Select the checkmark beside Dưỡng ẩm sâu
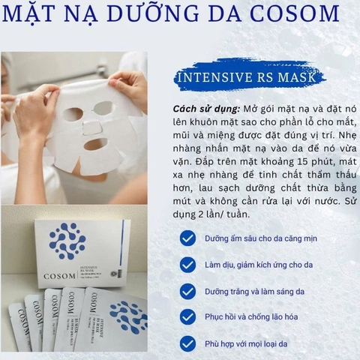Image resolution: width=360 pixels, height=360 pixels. [x=187, y=238]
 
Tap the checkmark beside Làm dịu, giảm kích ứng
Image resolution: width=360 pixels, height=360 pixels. [x=187, y=265]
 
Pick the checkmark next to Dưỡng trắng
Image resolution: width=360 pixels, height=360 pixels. [x=187, y=291]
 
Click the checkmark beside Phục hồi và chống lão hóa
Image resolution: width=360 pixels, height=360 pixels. [x=187, y=318]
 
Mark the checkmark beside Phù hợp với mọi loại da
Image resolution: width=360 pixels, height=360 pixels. [x=187, y=344]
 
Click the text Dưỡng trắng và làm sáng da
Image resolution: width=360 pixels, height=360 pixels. [x=253, y=292]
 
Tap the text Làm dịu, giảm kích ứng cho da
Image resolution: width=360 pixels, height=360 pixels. [x=259, y=265]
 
